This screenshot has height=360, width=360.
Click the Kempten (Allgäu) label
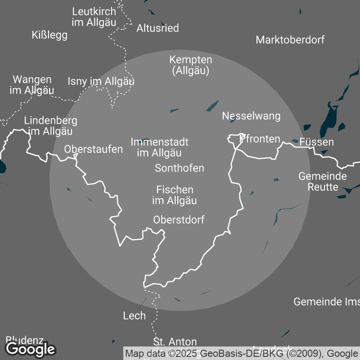click(191, 65)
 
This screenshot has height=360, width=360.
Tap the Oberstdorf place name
click(179, 220)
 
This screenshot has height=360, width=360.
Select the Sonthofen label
click(179, 168)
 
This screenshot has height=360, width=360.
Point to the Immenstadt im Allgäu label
click(159, 148)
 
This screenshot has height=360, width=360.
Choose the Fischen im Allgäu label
click(175, 195)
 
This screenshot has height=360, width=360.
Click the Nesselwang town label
click(251, 116)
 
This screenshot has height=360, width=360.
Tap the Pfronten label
click(260, 139)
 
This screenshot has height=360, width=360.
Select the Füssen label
click(317, 142)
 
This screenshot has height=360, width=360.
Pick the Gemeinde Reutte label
click(323, 181)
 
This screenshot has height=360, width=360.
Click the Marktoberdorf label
click(290, 40)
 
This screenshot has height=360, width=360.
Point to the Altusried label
click(157, 28)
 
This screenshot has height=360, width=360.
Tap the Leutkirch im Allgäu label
click(94, 17)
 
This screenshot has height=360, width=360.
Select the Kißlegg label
click(50, 35)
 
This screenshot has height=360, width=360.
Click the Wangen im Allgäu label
click(32, 85)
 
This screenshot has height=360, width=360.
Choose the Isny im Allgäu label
click(101, 81)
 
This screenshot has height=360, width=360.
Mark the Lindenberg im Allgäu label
click(50, 126)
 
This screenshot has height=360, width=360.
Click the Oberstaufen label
click(94, 149)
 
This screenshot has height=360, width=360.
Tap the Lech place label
click(135, 316)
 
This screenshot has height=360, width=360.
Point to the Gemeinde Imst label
click(326, 301)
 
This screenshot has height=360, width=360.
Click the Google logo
click(31, 349)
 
